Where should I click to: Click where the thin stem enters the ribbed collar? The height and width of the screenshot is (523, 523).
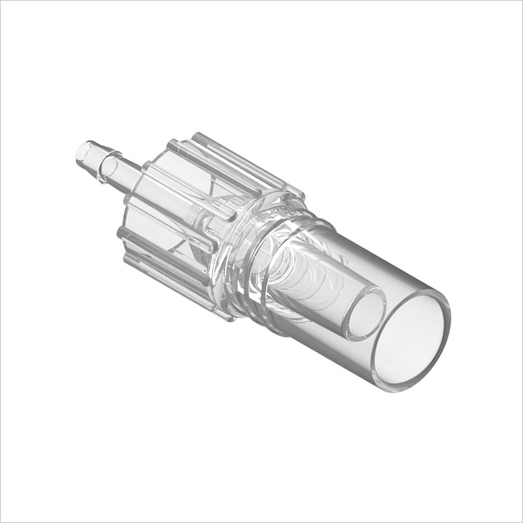click(x=142, y=182)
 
